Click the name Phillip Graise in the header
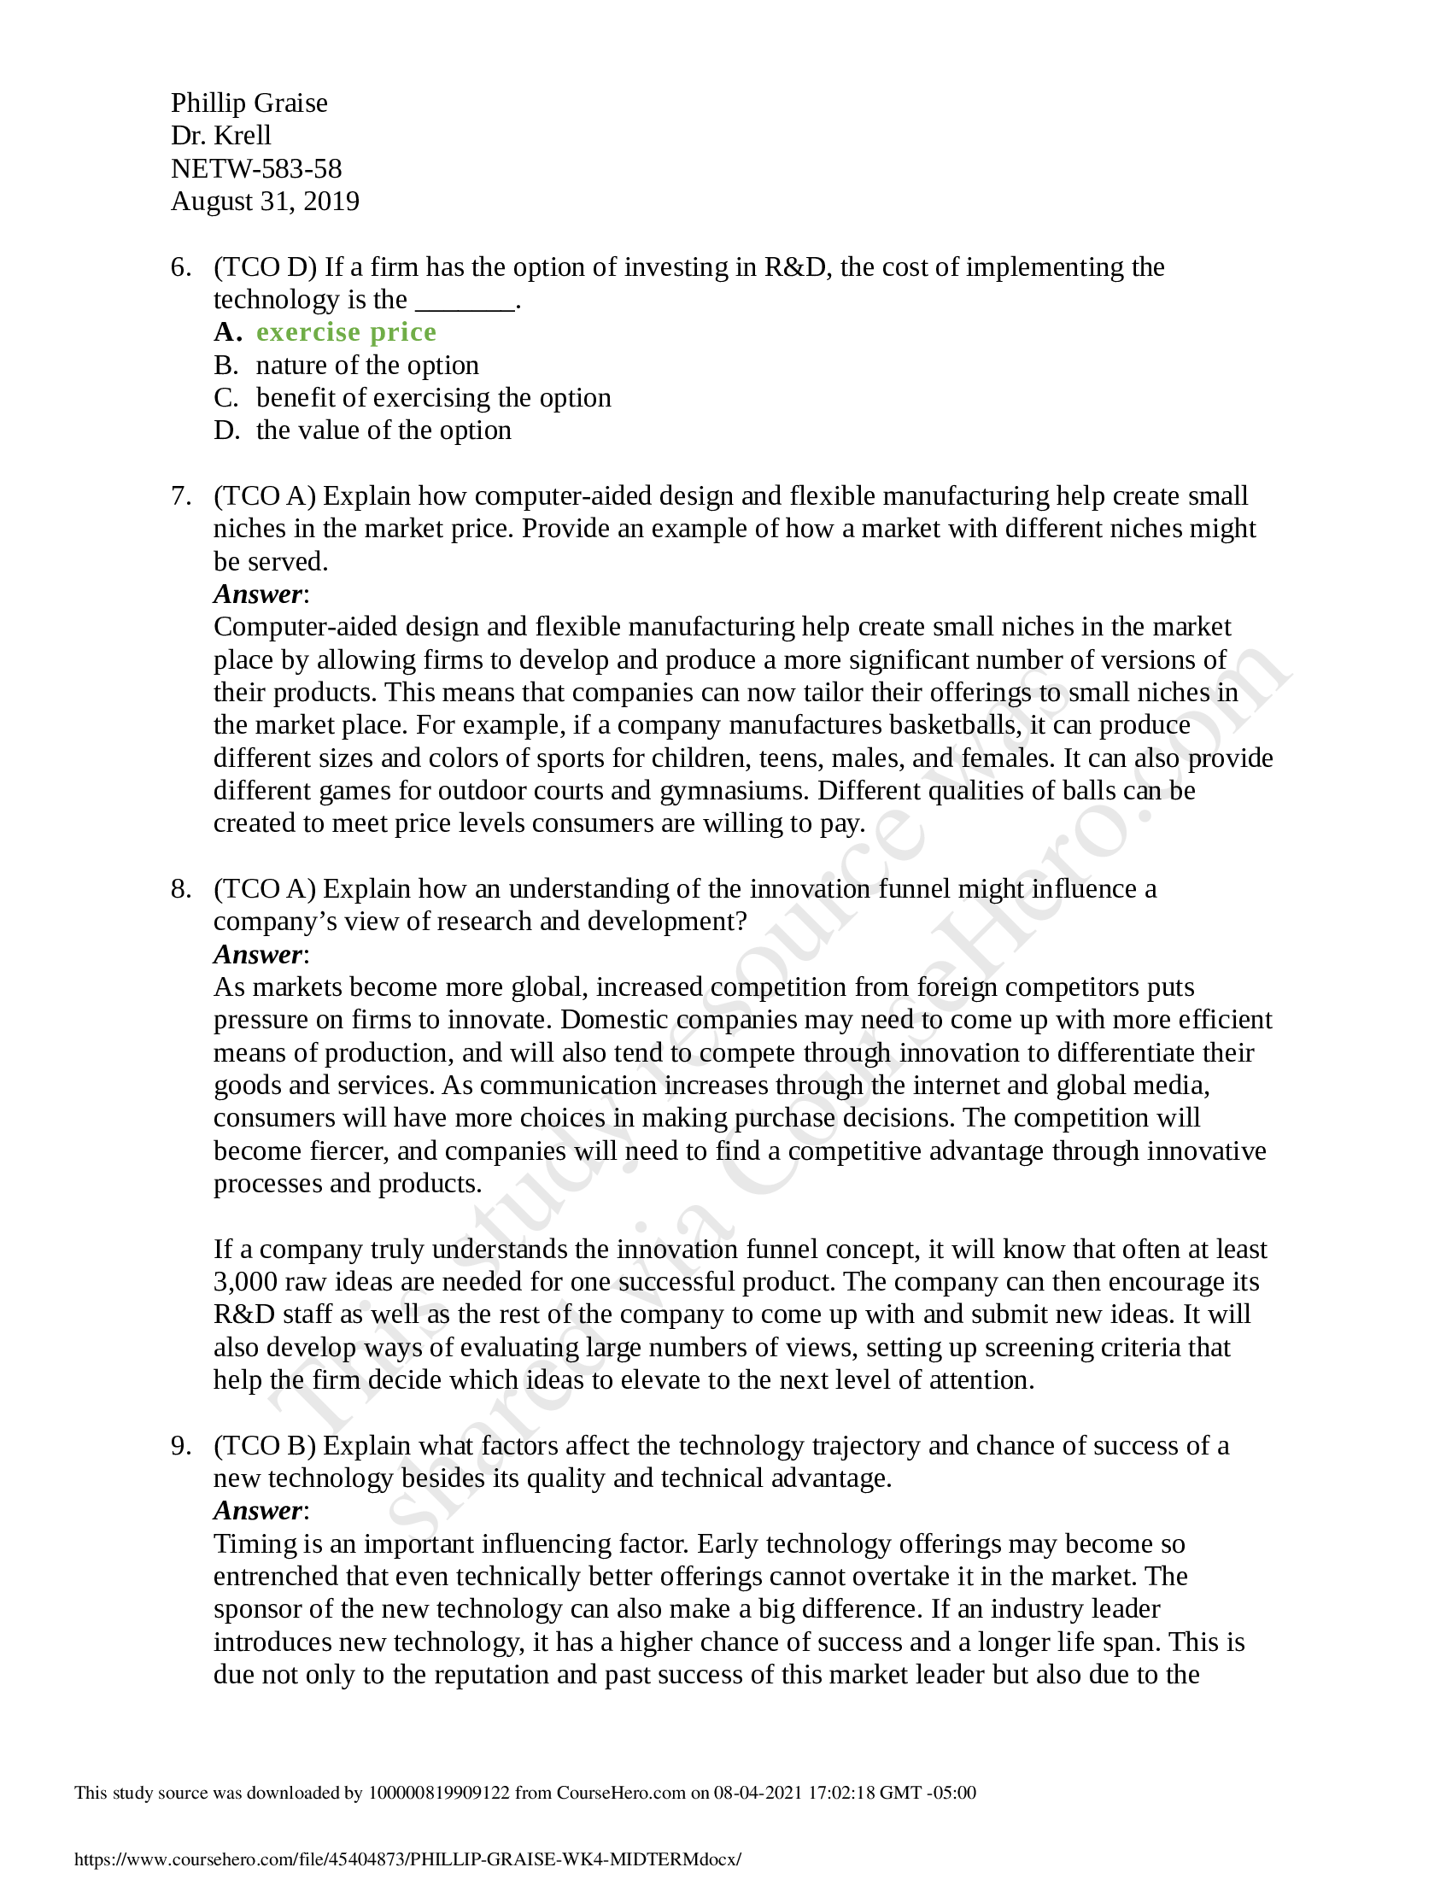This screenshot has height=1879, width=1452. pos(249,103)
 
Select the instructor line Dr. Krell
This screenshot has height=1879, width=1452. pos(221,136)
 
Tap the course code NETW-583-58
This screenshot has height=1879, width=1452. pos(256,168)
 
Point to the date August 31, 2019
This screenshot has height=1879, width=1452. pos(265,202)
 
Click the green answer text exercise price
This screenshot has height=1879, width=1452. pos(346,332)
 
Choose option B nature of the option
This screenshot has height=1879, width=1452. pos(366,366)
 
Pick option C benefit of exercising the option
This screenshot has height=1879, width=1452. pos(433,398)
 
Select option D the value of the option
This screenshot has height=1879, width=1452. pos(383,431)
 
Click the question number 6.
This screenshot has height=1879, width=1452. pos(179,267)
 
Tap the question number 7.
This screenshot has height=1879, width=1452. pos(179,496)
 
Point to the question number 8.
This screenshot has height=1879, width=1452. pos(179,889)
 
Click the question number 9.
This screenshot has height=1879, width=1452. pos(179,1446)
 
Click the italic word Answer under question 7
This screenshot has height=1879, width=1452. pos(257,594)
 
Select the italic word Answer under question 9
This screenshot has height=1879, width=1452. pos(257,1512)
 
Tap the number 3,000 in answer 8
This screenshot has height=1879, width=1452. pos(246,1282)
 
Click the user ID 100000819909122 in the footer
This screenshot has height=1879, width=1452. pos(439,1793)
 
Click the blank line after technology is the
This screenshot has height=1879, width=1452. pos(465,301)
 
